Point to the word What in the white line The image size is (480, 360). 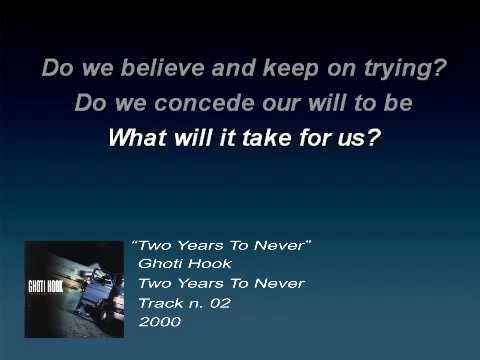[x=134, y=136]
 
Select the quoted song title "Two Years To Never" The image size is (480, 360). [x=222, y=245]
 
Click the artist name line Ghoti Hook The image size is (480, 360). [x=185, y=264]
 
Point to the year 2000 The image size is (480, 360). [x=160, y=322]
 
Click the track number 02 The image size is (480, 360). [x=219, y=303]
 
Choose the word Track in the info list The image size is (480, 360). [x=160, y=303]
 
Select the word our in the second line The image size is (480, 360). [x=289, y=103]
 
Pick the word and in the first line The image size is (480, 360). [x=206, y=71]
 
